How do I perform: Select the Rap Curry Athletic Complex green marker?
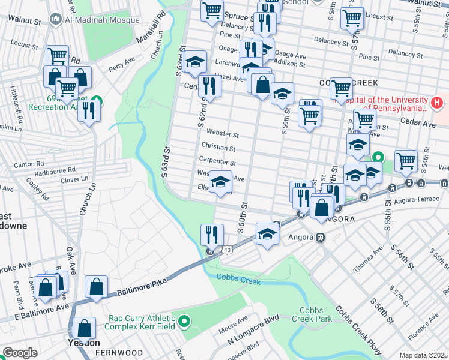[185, 322]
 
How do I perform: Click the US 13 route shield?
[226, 249]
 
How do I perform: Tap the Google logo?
[20, 353]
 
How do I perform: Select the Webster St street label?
[222, 135]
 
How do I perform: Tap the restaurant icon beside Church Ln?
[89, 111]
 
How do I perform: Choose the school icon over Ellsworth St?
[220, 181]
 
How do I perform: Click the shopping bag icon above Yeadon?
[85, 328]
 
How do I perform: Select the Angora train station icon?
[321, 237]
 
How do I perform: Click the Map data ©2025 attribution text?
[424, 355]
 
